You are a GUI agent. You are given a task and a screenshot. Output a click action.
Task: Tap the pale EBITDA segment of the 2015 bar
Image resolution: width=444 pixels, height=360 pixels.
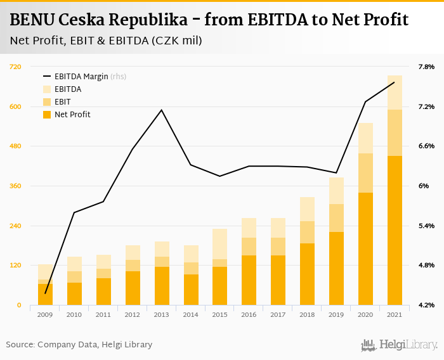[220, 244]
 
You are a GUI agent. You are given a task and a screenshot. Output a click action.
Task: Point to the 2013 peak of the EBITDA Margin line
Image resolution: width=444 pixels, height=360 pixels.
[162, 110]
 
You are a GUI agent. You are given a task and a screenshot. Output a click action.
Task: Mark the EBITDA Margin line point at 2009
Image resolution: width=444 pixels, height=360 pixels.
[46, 293]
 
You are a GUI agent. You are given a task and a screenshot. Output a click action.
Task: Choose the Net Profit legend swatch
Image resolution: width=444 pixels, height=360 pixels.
[46, 115]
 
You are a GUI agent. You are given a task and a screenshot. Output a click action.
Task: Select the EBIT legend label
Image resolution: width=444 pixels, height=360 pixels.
[62, 102]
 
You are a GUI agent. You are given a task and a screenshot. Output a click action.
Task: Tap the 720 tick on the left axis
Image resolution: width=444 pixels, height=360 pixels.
[15, 67]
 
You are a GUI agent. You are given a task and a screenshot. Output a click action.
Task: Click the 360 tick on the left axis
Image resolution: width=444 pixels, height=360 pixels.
[15, 186]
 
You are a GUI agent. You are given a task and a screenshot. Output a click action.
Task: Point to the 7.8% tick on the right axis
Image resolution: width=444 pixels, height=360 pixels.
[426, 67]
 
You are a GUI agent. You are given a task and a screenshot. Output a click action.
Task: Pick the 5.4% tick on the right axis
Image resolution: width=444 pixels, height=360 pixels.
[426, 226]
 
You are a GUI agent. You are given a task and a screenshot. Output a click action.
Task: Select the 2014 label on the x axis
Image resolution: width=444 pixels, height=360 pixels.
[191, 314]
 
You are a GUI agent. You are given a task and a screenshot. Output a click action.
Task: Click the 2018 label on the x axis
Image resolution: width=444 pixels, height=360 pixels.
[307, 314]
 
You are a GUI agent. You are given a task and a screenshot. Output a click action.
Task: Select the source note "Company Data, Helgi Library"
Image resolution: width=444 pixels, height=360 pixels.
[95, 345]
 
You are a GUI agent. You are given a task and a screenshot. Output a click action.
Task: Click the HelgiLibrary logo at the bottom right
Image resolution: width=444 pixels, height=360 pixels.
[399, 345]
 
